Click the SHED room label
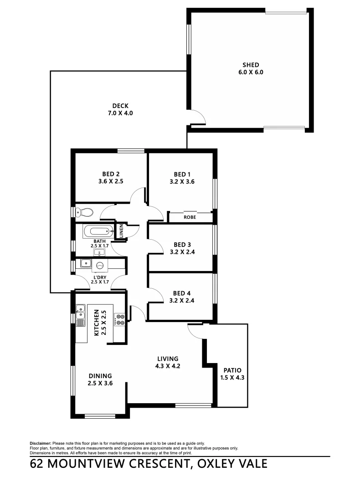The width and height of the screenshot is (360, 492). pyautogui.click(x=251, y=65)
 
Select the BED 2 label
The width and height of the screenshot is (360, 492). pyautogui.click(x=111, y=174)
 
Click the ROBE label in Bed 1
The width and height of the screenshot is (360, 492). pyautogui.click(x=190, y=217)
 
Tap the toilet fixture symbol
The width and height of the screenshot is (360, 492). pyautogui.click(x=84, y=212)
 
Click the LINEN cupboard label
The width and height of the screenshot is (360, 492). pyautogui.click(x=121, y=231)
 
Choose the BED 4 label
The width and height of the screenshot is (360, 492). pyautogui.click(x=181, y=294)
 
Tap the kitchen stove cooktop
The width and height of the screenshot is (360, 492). pyautogui.click(x=119, y=319)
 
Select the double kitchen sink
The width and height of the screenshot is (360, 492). pyautogui.click(x=80, y=314)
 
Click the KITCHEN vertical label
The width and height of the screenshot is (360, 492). pyautogui.click(x=96, y=323)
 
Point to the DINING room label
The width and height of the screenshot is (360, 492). pyautogui.click(x=100, y=376)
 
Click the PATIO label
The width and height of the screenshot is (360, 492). pyautogui.click(x=232, y=370)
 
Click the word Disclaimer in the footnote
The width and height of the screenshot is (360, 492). pyautogui.click(x=41, y=443)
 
